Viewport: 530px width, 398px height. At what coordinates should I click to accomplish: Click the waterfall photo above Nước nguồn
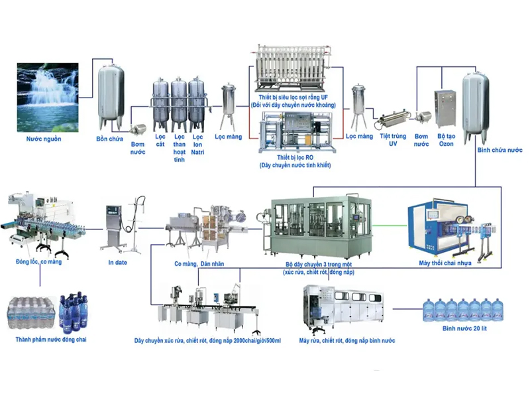point(45,96)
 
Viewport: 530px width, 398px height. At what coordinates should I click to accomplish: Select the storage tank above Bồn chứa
point(111,96)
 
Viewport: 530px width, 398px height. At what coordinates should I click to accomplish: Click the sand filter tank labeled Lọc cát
point(160,105)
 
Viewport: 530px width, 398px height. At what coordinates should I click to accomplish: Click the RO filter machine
point(294,133)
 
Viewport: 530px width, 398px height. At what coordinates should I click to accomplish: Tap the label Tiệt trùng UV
point(393,140)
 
